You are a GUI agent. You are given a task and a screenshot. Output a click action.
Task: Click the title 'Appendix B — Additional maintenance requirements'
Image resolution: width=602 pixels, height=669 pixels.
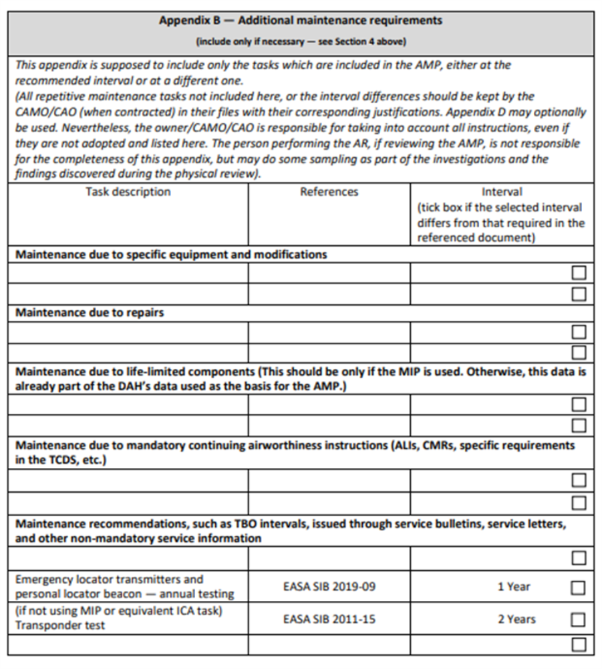point(300,20)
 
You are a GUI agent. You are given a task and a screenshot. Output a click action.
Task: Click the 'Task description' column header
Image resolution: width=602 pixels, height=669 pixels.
point(128,192)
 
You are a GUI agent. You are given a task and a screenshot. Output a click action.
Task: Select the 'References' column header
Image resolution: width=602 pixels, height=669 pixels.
point(329,192)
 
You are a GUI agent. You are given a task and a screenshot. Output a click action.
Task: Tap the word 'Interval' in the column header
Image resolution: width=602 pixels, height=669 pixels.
point(501,192)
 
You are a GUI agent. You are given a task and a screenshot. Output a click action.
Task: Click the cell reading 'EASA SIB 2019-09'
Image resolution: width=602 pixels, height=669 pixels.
point(329,587)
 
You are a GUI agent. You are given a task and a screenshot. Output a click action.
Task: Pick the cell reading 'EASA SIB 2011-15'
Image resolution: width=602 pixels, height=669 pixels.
point(329,619)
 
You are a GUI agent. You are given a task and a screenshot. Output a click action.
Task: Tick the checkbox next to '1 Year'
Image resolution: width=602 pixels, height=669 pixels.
point(578,587)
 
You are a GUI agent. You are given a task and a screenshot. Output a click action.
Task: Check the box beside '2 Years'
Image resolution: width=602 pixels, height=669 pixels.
point(578,620)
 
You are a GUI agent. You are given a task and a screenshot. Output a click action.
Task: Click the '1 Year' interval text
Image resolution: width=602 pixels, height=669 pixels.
point(514,587)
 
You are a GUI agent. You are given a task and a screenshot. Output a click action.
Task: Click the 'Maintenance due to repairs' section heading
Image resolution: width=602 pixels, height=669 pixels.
point(90,313)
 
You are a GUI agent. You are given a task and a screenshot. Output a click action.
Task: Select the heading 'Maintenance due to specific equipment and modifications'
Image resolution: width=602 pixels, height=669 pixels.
point(171,255)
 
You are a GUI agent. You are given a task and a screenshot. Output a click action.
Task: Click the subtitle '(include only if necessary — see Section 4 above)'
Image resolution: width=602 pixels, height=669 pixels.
point(300,41)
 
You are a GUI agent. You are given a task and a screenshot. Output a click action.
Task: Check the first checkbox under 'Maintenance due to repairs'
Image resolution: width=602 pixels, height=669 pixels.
point(578,332)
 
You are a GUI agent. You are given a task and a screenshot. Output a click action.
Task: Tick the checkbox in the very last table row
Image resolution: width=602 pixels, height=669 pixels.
point(578,644)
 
